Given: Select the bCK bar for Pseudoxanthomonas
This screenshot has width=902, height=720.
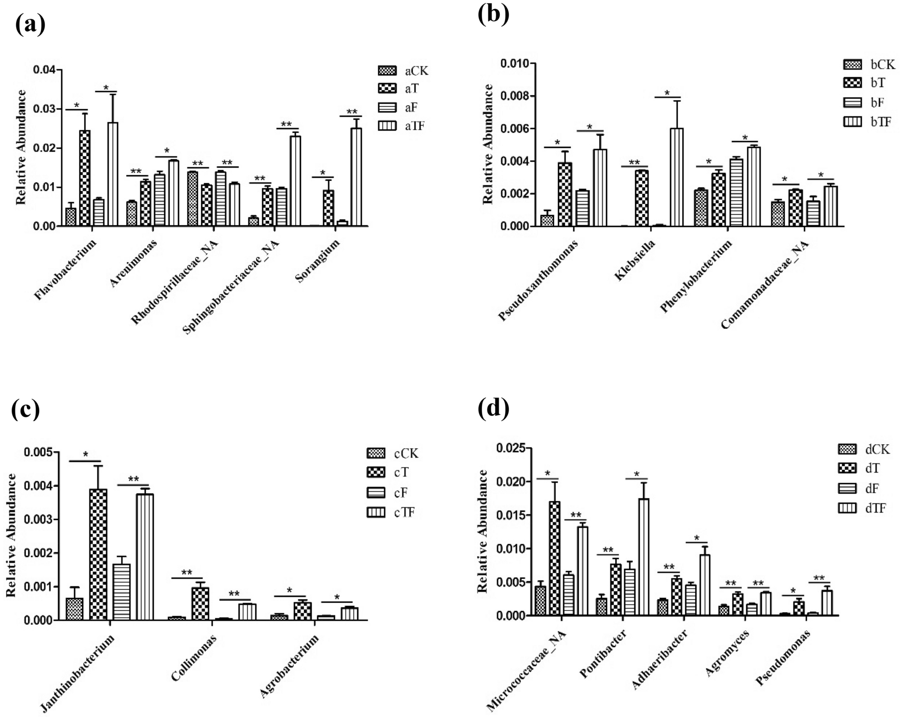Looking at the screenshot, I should tap(547, 220).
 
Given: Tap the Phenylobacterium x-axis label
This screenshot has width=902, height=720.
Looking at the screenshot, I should tap(696, 276).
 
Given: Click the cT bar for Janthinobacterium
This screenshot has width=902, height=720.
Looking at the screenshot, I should tap(98, 554).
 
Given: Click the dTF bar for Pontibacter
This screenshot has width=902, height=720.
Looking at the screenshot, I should tap(644, 557).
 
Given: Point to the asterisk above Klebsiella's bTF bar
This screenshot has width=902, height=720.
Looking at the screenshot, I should tap(667, 93).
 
